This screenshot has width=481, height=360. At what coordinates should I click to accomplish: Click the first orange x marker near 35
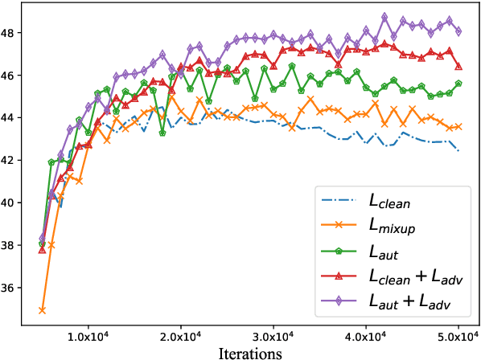(42, 310)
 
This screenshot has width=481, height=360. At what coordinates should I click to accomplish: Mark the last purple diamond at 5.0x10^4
(458, 32)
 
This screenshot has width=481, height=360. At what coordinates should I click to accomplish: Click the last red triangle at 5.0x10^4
(458, 67)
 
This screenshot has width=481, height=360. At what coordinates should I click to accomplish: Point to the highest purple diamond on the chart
(384, 16)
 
